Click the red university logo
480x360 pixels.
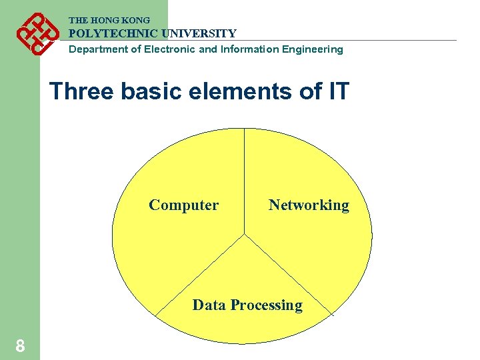(35, 33)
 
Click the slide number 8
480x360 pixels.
(21, 346)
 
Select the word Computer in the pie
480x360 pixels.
(183, 205)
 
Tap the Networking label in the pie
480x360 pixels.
(309, 205)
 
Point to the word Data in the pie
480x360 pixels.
(207, 305)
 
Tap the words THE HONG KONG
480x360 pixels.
(109, 21)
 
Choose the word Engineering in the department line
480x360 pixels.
(313, 49)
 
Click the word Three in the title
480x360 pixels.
(82, 91)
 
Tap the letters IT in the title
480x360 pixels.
(337, 91)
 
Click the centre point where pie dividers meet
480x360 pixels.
(245, 234)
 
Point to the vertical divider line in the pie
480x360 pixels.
(245, 180)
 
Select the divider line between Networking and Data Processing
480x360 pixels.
(288, 274)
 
